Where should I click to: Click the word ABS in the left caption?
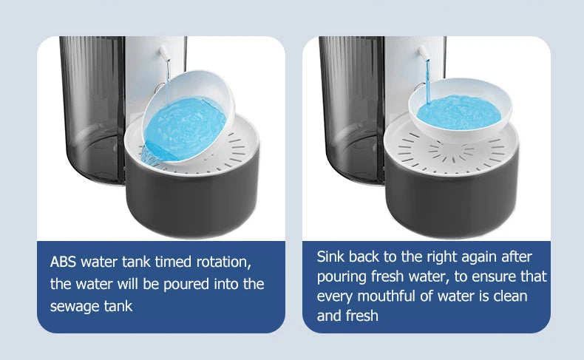pyautogui.click(x=64, y=262)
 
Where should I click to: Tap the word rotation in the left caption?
pyautogui.click(x=221, y=262)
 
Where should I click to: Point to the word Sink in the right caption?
pyautogui.click(x=330, y=257)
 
